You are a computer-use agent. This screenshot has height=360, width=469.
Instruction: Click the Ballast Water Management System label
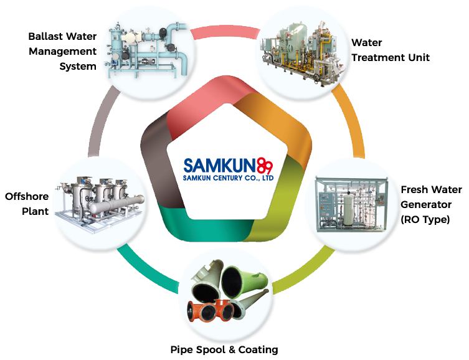point(62,51)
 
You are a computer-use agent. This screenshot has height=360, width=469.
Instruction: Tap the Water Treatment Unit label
point(390,50)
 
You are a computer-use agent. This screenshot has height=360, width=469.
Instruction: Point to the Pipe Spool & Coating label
point(224,349)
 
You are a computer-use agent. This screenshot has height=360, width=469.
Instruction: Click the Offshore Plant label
point(27,204)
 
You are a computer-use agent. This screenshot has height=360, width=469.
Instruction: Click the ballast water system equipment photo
point(147,49)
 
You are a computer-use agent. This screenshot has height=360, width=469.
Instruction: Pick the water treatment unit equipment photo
point(301,47)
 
